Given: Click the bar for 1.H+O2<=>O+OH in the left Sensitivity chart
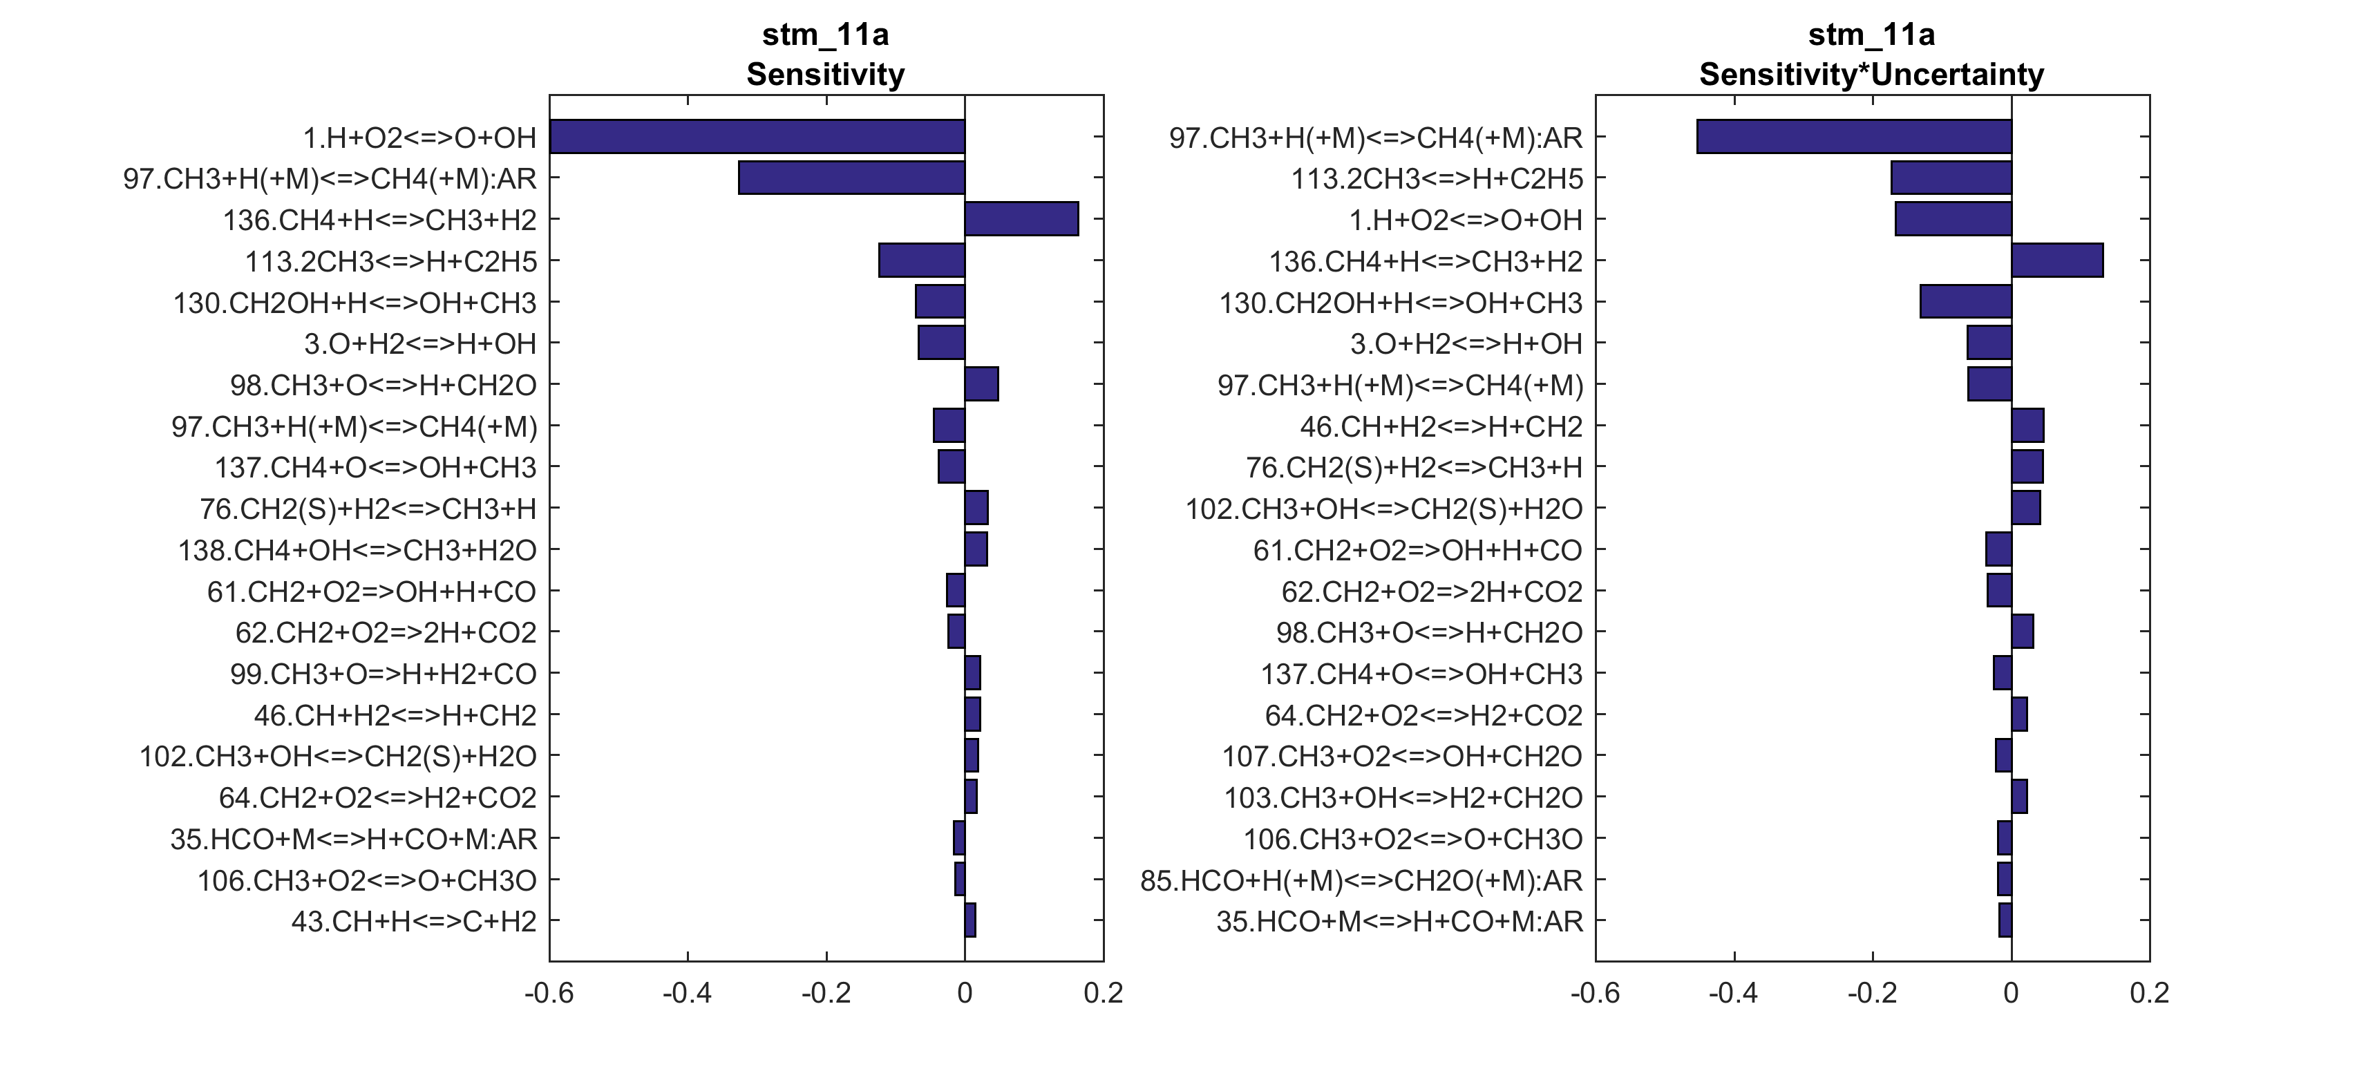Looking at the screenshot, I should click(x=756, y=137).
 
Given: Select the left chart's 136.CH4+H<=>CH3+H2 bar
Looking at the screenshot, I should click(x=1021, y=220).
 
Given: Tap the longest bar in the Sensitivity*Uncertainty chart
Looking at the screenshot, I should click(x=1853, y=137).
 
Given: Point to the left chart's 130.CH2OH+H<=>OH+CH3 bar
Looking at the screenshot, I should click(x=940, y=301).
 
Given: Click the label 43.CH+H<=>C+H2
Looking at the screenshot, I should click(x=414, y=921).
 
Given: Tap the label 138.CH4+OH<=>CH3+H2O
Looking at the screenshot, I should click(x=357, y=551).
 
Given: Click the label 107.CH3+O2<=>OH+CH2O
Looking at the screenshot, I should click(x=1401, y=757).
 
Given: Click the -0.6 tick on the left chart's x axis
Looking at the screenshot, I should click(x=549, y=994).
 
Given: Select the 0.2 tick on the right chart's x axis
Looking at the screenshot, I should click(x=2149, y=994).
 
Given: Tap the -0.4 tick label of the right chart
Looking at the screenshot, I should click(x=1733, y=994).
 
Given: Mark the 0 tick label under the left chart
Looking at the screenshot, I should click(x=965, y=994).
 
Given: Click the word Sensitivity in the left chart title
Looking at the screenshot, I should click(x=825, y=75).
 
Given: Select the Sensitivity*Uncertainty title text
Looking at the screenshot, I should click(x=1872, y=75).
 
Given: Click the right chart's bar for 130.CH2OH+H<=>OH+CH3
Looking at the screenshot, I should click(x=1966, y=301).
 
